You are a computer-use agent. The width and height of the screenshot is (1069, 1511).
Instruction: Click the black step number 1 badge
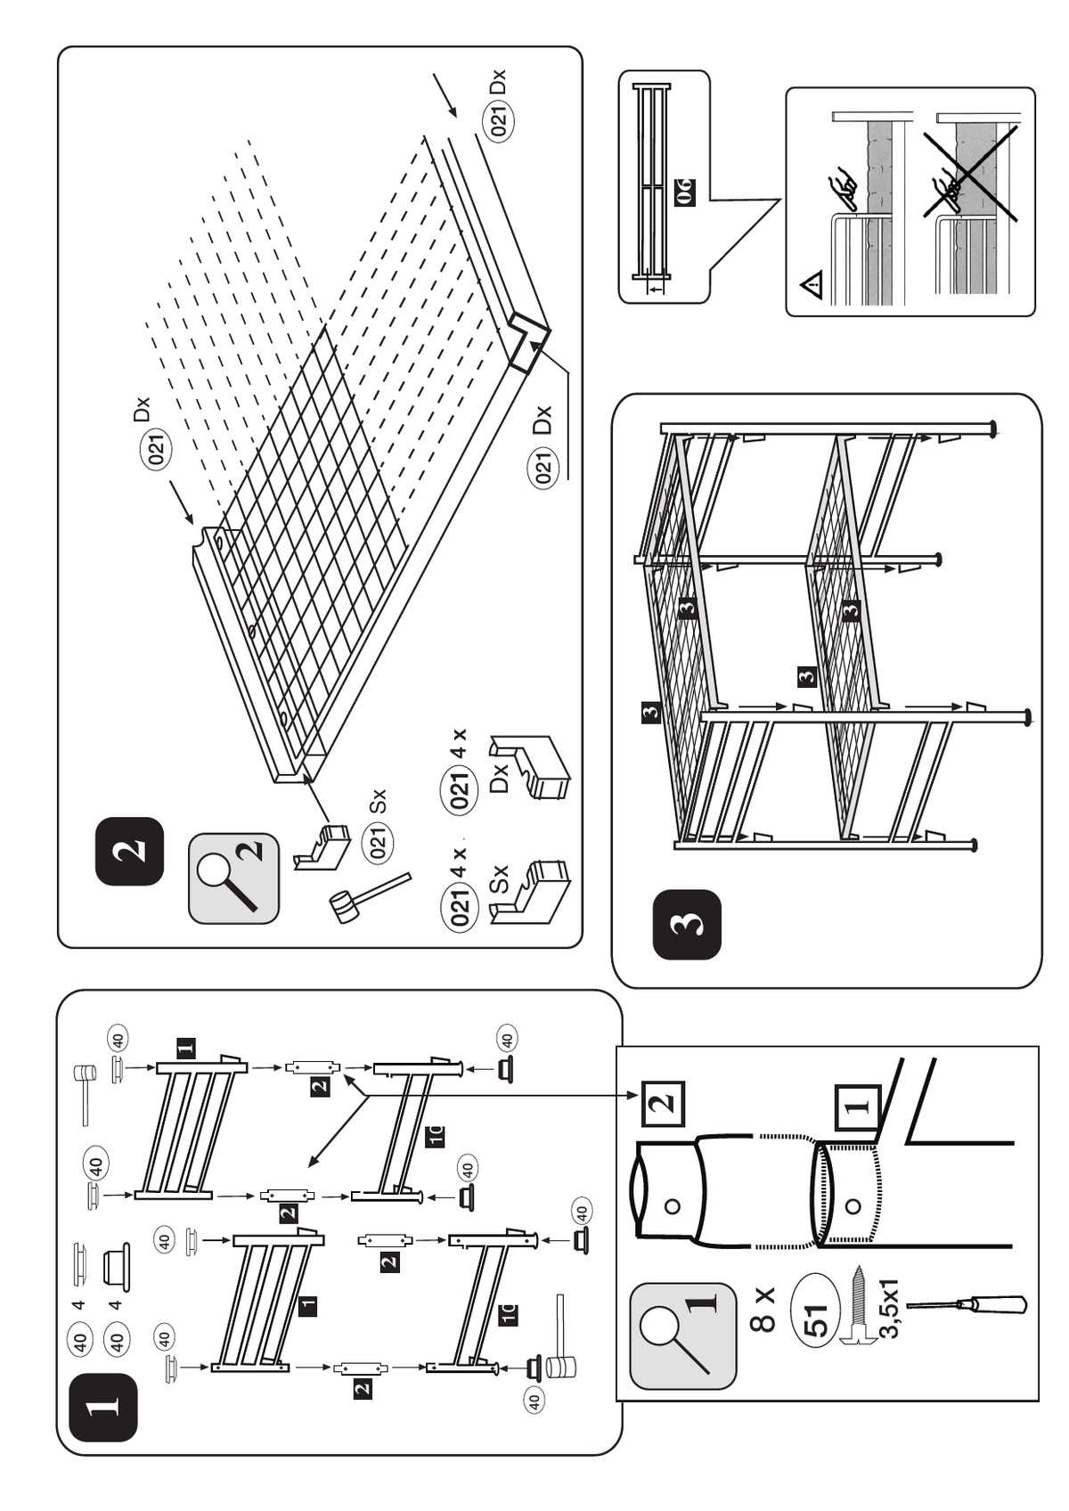coord(103,1407)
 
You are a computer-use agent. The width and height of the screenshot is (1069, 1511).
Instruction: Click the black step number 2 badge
coord(130,851)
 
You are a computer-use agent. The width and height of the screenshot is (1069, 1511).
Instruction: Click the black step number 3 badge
coord(687,925)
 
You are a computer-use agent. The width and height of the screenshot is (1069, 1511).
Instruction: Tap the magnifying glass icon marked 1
coord(682,1335)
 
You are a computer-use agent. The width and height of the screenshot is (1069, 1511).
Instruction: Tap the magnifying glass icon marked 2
coord(233,878)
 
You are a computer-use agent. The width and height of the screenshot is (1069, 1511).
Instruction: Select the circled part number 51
coord(816,1319)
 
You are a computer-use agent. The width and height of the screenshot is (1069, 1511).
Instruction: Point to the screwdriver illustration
coord(967,1305)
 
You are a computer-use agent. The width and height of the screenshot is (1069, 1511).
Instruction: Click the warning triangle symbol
coord(812,287)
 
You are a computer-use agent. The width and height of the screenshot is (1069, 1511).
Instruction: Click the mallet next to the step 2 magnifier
coord(369,897)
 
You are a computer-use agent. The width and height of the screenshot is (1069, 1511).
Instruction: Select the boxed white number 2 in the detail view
coord(662,1103)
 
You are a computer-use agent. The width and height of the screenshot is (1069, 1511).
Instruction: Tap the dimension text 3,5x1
coord(889,1309)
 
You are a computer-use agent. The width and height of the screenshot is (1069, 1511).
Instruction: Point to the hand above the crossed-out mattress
coord(946,188)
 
